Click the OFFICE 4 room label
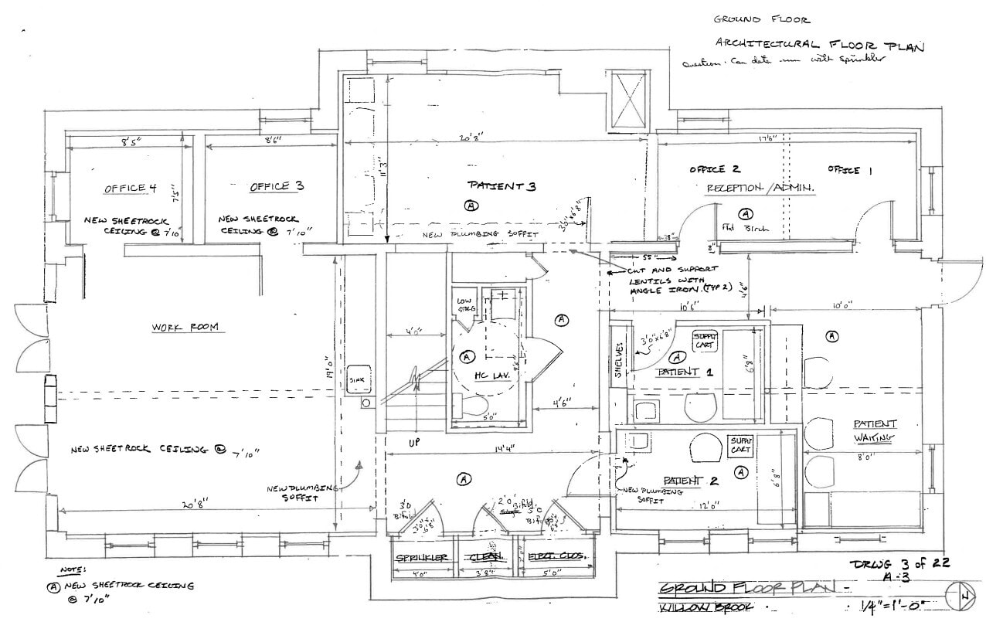[x=124, y=189]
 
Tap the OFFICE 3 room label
[x=270, y=186]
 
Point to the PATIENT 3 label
[x=501, y=186]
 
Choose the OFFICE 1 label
[x=848, y=170]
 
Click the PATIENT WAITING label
[x=875, y=430]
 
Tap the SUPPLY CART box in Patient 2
[x=739, y=445]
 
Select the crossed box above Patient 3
[x=627, y=100]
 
